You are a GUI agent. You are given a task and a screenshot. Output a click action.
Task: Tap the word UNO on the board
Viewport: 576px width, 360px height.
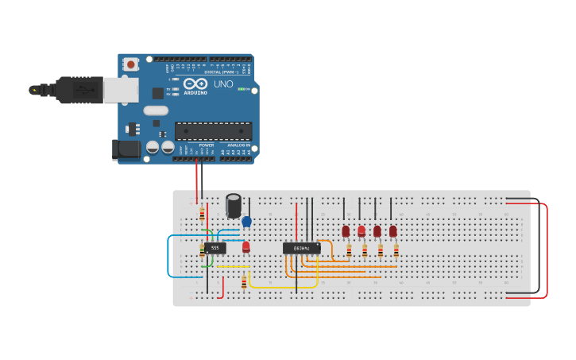click(x=223, y=84)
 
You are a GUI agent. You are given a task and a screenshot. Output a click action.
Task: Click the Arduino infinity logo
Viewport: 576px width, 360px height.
click(x=195, y=83)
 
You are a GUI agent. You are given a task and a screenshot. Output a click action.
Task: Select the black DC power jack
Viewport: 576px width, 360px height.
click(x=125, y=148)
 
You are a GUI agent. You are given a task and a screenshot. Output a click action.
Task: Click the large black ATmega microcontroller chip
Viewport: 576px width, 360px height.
click(x=213, y=131)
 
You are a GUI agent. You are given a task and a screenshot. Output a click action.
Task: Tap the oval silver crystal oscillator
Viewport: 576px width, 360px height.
click(x=156, y=110)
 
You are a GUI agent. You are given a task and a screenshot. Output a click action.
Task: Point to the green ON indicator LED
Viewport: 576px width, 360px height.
click(x=242, y=89)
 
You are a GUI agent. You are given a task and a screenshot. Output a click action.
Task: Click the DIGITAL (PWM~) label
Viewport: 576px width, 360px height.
click(x=222, y=72)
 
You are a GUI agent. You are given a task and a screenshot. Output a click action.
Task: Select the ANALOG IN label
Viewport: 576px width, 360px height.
click(x=238, y=145)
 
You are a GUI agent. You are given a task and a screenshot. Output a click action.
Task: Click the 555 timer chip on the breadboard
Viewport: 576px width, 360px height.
click(x=215, y=248)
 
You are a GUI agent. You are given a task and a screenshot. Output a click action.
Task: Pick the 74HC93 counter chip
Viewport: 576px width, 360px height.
click(x=302, y=249)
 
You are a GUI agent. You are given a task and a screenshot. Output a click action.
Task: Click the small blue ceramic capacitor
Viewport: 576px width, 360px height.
click(x=246, y=222)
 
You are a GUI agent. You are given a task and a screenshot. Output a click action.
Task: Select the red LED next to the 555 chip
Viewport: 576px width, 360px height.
click(x=245, y=246)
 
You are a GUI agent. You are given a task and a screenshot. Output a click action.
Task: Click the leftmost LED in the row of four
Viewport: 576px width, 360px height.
click(x=346, y=231)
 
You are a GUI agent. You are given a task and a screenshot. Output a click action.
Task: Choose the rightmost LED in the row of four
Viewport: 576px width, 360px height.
click(x=392, y=231)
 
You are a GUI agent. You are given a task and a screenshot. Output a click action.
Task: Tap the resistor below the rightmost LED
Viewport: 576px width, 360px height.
click(x=396, y=251)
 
